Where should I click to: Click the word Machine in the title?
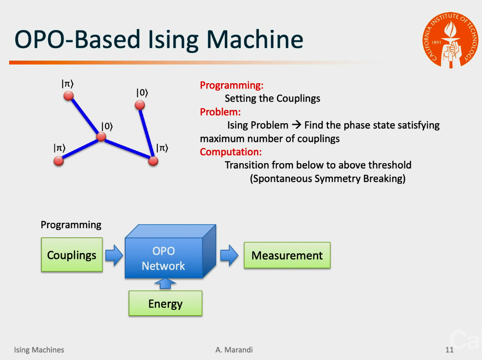pyautogui.click(x=255, y=39)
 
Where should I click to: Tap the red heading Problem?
pyautogui.click(x=221, y=112)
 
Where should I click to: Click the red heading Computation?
pyautogui.click(x=231, y=152)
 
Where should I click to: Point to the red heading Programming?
pyautogui.click(x=232, y=85)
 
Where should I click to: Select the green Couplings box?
pyautogui.click(x=72, y=255)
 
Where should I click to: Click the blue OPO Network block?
pyautogui.click(x=170, y=252)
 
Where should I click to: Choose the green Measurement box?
pyautogui.click(x=287, y=255)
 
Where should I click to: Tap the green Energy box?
pyautogui.click(x=165, y=304)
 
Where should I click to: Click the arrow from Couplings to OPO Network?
pyautogui.click(x=114, y=255)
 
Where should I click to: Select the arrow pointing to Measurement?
pyautogui.click(x=229, y=255)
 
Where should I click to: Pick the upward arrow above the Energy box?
pyautogui.click(x=165, y=283)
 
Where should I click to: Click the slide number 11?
pyautogui.click(x=449, y=349)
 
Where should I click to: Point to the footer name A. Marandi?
pyautogui.click(x=234, y=349)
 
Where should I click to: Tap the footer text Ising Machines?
pyautogui.click(x=39, y=350)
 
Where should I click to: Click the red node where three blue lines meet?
pyautogui.click(x=101, y=137)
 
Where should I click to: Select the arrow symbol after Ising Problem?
pyautogui.click(x=296, y=125)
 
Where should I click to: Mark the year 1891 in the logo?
pyautogui.click(x=437, y=42)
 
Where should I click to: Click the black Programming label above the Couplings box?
pyautogui.click(x=71, y=225)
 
